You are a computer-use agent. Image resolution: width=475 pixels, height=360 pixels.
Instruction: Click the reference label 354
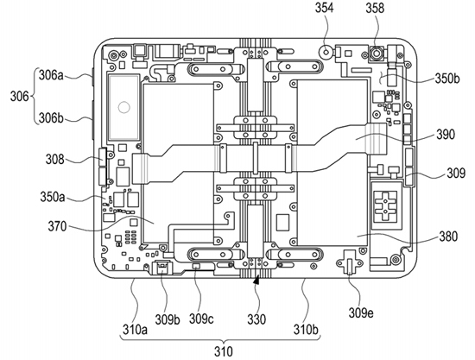pyautogui.click(x=324, y=8)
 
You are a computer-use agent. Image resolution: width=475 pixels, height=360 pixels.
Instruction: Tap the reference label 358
pyautogui.click(x=375, y=8)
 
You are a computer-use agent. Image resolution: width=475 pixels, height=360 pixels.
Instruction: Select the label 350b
pyautogui.click(x=447, y=79)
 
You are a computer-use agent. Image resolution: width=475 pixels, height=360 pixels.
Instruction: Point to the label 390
pyautogui.click(x=446, y=134)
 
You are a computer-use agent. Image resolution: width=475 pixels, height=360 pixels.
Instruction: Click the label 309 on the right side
pyautogui.click(x=456, y=174)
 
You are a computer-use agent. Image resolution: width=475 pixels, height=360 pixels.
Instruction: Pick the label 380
pyautogui.click(x=448, y=237)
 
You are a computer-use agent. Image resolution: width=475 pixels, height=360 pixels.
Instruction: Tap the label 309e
pyautogui.click(x=361, y=313)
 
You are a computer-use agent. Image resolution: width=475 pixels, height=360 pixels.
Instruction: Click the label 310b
pyautogui.click(x=306, y=330)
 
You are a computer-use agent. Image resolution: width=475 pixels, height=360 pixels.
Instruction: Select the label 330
pyautogui.click(x=256, y=319)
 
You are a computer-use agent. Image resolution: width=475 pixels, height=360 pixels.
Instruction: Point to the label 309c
pyautogui.click(x=201, y=319)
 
